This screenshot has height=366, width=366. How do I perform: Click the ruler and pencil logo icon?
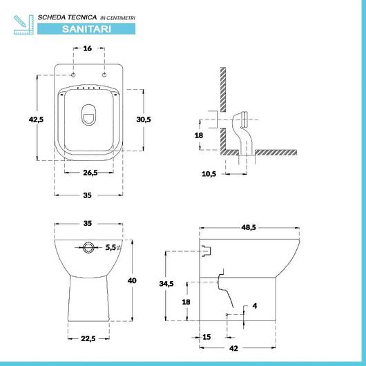pyautogui.click(x=22, y=22)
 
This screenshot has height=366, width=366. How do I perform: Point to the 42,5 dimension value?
pyautogui.click(x=36, y=119)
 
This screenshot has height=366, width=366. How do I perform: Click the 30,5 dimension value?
pyautogui.click(x=143, y=119)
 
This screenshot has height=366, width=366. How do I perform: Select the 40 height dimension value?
pyautogui.click(x=132, y=280)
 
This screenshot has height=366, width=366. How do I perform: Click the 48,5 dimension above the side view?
pyautogui.click(x=249, y=227)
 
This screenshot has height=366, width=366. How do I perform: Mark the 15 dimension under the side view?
pyautogui.click(x=206, y=337)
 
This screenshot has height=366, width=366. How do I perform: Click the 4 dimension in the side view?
pyautogui.click(x=255, y=305)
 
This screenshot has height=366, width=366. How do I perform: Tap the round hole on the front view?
pyautogui.click(x=88, y=247)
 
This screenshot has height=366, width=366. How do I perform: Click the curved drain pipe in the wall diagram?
pyautogui.click(x=242, y=131)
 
